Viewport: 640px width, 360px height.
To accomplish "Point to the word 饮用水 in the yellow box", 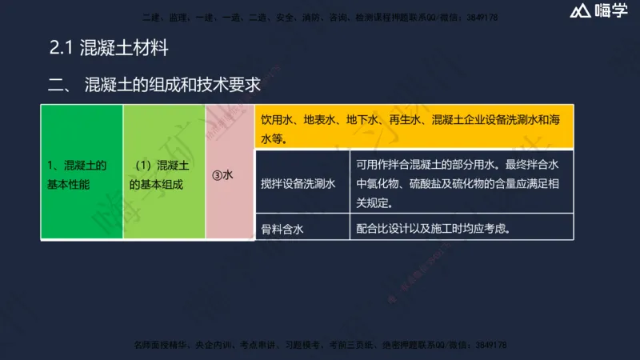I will [x=278, y=120].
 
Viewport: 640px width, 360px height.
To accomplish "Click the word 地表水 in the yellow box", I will [x=320, y=120].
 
